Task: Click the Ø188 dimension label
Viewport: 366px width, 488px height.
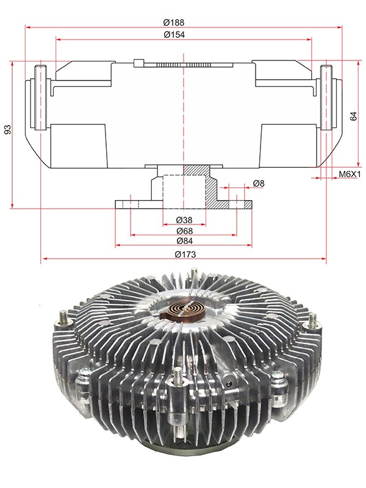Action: point(174,23)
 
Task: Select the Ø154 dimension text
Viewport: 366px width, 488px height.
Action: point(174,35)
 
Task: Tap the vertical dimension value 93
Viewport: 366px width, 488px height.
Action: point(7,129)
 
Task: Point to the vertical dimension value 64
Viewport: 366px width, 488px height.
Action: point(354,116)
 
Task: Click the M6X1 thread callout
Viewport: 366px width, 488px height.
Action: point(349,174)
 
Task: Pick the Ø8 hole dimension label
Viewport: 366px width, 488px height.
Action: point(259,184)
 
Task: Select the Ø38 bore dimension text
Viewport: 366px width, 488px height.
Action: point(184,220)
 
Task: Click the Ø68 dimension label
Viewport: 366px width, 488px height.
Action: point(184,231)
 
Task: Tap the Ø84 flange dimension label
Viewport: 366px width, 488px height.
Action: point(184,241)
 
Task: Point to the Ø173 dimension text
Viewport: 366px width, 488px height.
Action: point(185,254)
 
